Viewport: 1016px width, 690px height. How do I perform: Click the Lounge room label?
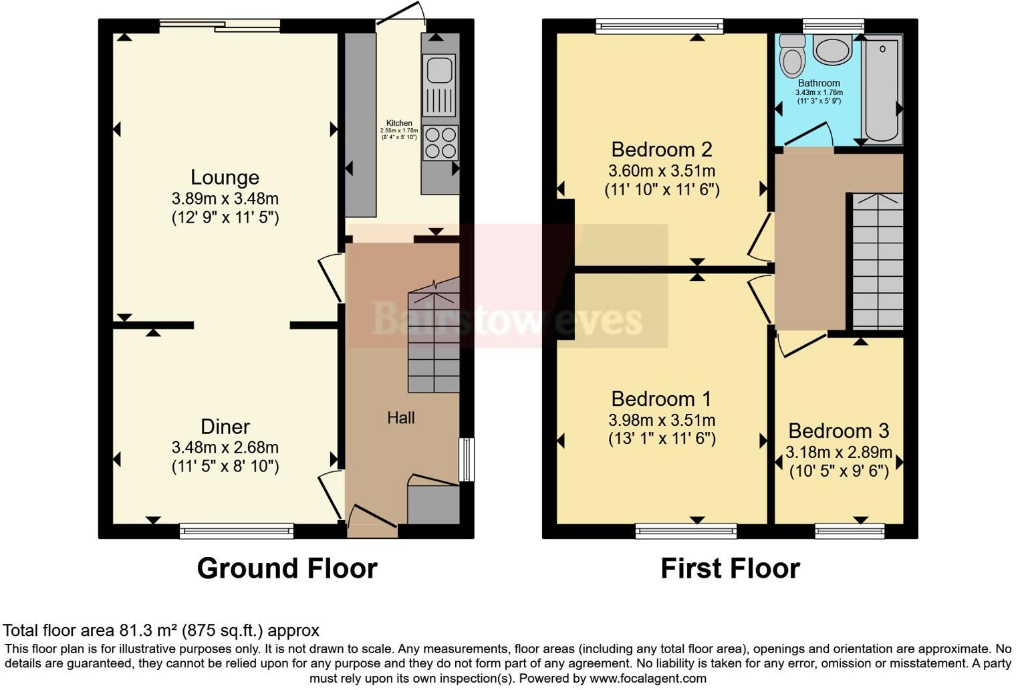point(225,177)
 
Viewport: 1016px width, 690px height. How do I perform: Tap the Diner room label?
point(225,427)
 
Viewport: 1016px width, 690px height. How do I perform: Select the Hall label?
point(401,418)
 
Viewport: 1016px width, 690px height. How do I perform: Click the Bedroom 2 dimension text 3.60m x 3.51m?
point(662,170)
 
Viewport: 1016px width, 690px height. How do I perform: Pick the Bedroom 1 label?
point(661,399)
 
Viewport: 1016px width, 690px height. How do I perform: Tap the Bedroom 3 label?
point(838,431)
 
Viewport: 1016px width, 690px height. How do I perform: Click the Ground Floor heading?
point(287,568)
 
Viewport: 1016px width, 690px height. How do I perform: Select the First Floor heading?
point(730,568)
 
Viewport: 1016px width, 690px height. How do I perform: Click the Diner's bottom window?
point(237,531)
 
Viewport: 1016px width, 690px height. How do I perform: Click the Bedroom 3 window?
point(850,531)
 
